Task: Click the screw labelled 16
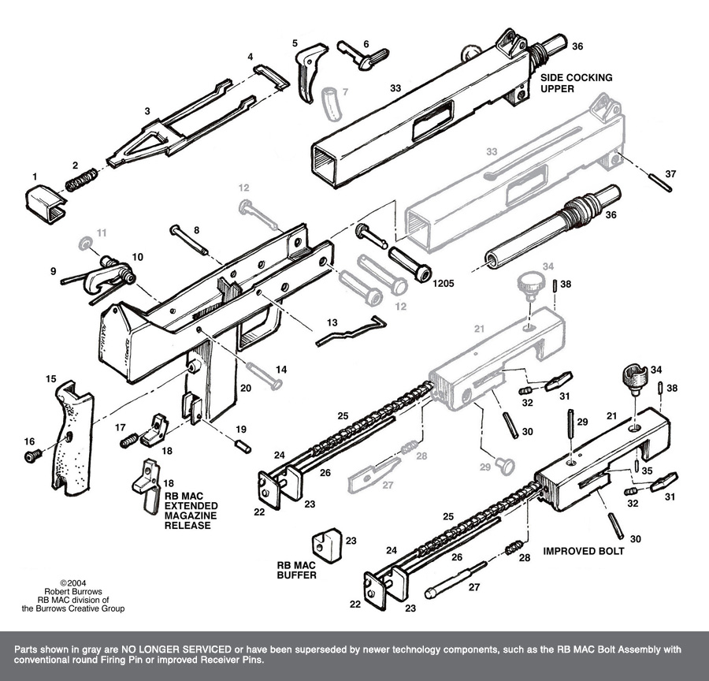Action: pos(33,456)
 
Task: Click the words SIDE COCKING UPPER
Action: pos(576,84)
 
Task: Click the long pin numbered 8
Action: pos(189,240)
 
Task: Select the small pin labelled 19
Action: pos(243,445)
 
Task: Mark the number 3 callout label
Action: pos(147,112)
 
